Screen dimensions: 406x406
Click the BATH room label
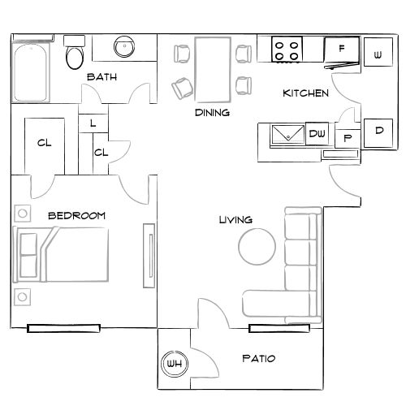[102, 77]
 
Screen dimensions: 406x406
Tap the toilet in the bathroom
[75, 55]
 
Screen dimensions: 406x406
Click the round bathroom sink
[124, 47]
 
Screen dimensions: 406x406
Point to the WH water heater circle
[174, 365]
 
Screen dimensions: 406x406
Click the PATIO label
[258, 358]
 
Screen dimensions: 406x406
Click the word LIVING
[235, 220]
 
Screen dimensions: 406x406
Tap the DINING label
[211, 113]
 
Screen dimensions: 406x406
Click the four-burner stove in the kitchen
[287, 50]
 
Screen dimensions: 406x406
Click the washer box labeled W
[378, 55]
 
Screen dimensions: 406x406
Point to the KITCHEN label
[305, 93]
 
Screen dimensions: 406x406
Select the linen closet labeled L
[93, 124]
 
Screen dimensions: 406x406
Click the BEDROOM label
[77, 215]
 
